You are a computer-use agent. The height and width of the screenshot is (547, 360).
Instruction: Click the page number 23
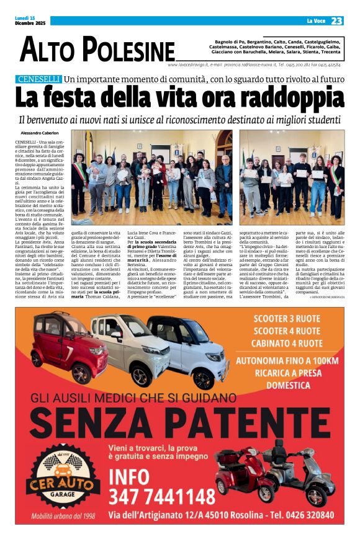tap(336, 21)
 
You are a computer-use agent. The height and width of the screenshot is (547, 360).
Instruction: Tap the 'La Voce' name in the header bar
tap(315, 21)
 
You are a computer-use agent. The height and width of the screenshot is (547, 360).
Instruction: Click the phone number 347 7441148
tap(161, 497)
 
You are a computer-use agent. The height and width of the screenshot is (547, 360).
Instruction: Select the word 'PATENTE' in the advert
tap(260, 423)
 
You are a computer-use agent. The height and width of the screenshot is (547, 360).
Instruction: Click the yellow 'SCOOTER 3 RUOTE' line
tap(287, 319)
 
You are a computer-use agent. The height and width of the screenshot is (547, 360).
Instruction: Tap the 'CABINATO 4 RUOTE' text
tap(287, 344)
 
